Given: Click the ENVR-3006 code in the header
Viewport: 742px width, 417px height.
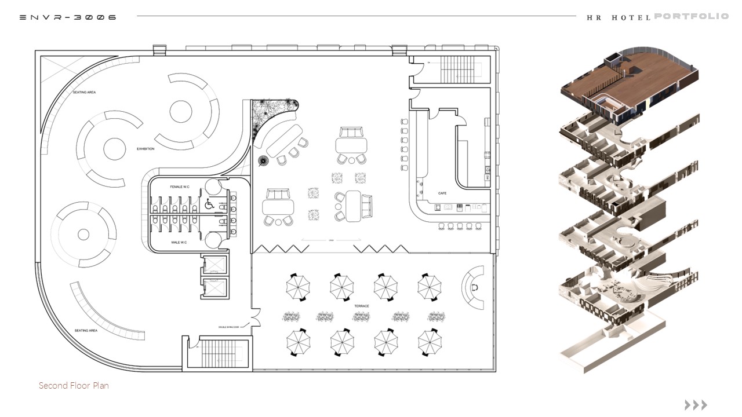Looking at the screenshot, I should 68,17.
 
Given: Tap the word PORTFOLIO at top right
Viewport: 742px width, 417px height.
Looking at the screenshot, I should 691,16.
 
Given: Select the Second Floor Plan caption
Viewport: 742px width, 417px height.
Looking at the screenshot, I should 74,386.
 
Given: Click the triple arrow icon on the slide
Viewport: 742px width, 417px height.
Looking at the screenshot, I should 696,405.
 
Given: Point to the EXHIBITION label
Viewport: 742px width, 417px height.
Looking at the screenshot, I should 146,149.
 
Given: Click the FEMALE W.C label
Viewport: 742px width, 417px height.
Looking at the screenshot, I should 180,187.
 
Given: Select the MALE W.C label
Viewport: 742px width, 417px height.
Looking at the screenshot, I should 179,242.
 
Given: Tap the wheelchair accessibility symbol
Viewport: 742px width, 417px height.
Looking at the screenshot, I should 210,204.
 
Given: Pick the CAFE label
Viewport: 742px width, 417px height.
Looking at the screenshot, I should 442,193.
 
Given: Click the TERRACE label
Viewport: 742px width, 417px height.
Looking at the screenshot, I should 362,305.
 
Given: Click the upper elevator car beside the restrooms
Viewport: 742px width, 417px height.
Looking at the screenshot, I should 214,265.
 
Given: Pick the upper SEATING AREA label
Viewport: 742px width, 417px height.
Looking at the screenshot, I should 84,93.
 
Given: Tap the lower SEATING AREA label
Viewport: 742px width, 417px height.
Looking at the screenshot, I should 85,331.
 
